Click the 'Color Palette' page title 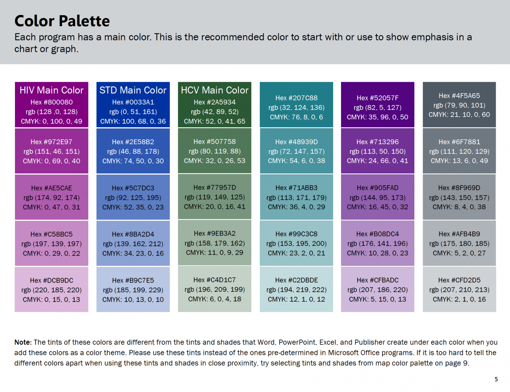pyautogui.click(x=62, y=21)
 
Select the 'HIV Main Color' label pyautogui.click(x=51, y=90)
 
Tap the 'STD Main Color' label pyautogui.click(x=133, y=90)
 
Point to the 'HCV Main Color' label pyautogui.click(x=214, y=90)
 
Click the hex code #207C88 pyautogui.click(x=296, y=98)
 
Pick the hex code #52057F pyautogui.click(x=378, y=98)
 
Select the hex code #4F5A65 pyautogui.click(x=459, y=96)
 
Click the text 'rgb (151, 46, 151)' pyautogui.click(x=51, y=151)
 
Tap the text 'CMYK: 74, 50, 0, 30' pyautogui.click(x=133, y=161)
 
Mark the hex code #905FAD pyautogui.click(x=378, y=188)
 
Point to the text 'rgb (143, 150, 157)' pyautogui.click(x=459, y=197)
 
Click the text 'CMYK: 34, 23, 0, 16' pyautogui.click(x=133, y=253)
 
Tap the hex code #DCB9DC pyautogui.click(x=51, y=280)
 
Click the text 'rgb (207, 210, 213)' pyautogui.click(x=459, y=290)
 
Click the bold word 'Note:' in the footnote pyautogui.click(x=23, y=342)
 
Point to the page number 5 pyautogui.click(x=496, y=379)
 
